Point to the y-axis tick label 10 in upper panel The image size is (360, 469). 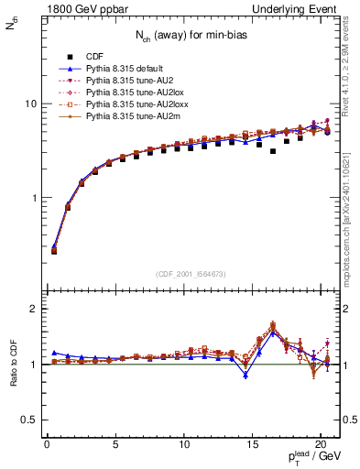(29, 104)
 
